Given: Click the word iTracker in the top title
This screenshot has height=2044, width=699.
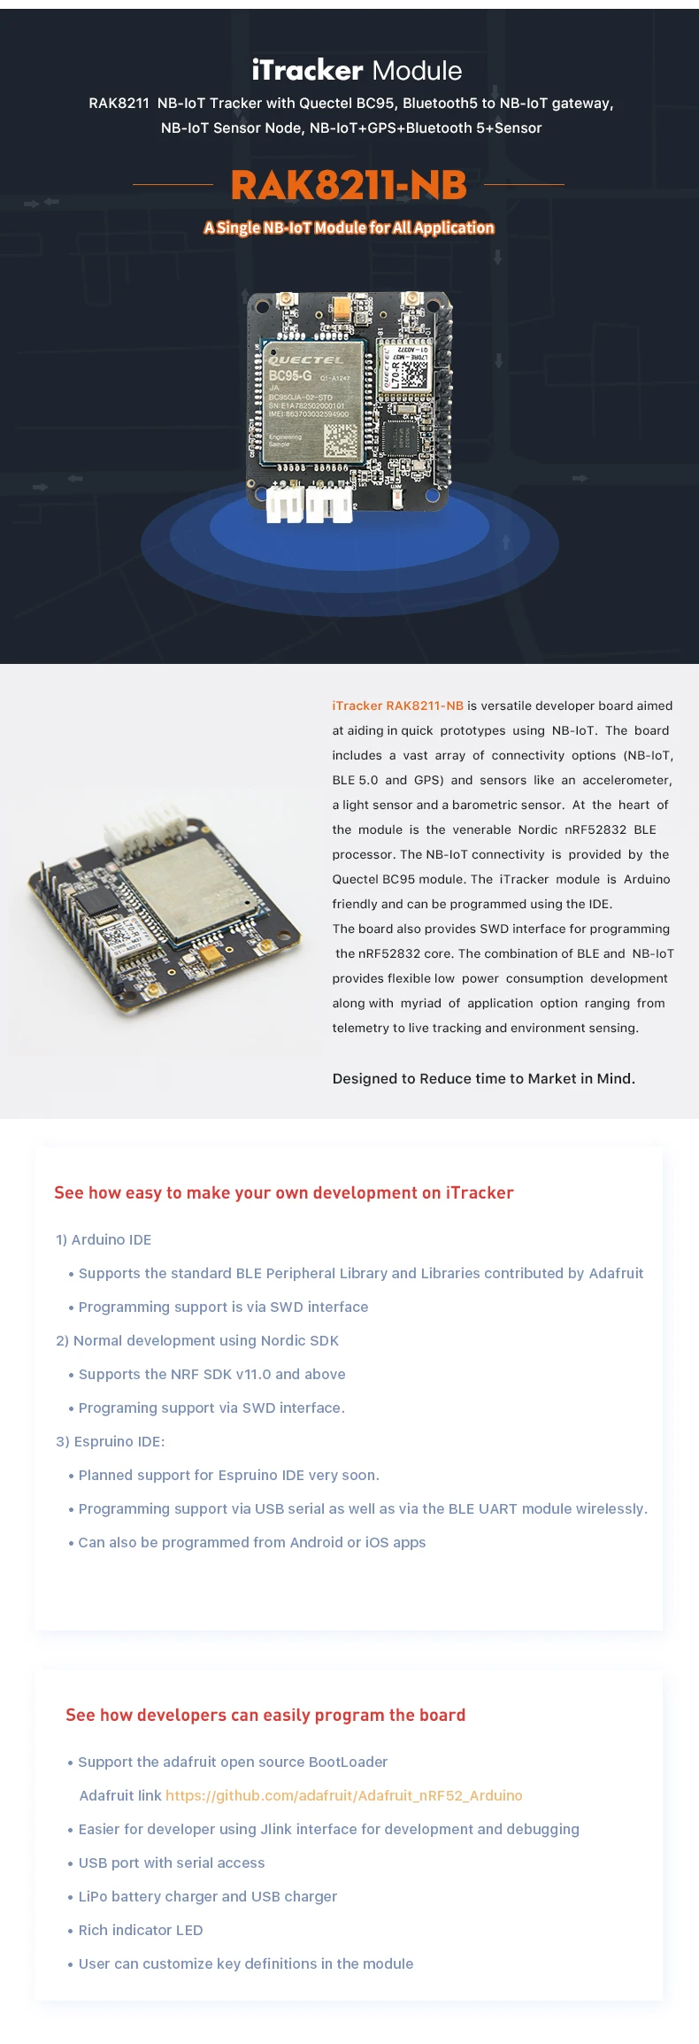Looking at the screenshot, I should (307, 70).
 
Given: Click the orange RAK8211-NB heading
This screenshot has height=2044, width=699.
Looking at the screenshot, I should (349, 185).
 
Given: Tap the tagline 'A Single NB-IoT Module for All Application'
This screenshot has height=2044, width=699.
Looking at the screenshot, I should (349, 228).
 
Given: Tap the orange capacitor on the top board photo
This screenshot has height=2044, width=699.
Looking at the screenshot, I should (342, 307).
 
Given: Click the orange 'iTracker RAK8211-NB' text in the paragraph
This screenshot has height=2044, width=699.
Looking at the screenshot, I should (397, 706).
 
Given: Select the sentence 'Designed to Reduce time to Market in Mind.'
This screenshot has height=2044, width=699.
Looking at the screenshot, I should (483, 1078).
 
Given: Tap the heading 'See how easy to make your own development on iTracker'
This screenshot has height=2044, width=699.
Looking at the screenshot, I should (283, 1192).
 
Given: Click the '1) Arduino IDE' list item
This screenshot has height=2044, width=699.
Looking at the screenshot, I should (104, 1239).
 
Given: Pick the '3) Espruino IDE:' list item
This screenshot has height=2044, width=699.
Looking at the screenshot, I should (111, 1441).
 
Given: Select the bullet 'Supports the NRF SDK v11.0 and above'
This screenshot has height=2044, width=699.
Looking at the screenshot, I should (211, 1374).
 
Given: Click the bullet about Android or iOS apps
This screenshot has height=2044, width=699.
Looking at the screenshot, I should (251, 1542).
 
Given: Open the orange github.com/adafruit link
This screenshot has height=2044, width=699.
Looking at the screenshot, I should (343, 1795).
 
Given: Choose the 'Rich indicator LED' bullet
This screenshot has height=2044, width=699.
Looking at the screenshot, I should (140, 1930).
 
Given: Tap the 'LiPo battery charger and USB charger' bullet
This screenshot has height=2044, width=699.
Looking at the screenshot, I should (207, 1896).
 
